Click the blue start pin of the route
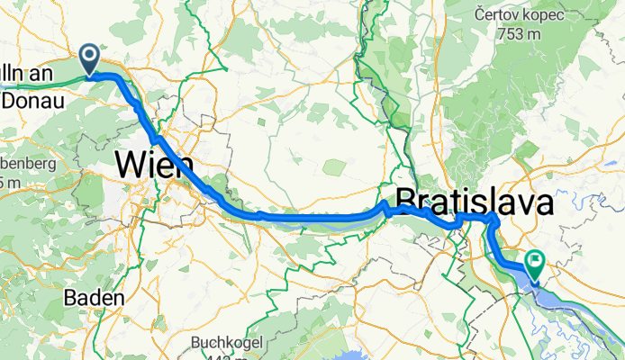tap(91, 59)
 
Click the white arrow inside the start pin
tap(91, 57)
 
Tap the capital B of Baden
tap(69, 297)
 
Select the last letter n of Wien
tap(185, 166)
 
